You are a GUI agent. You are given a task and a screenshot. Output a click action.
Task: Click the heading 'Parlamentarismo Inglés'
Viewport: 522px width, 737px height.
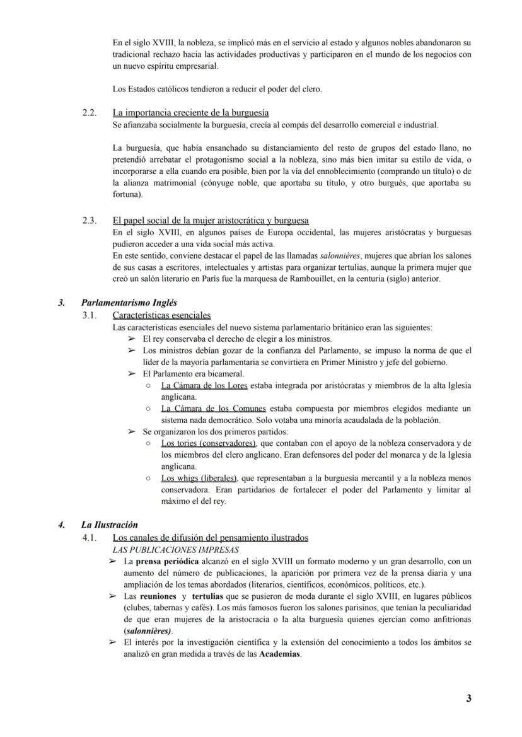click(x=129, y=303)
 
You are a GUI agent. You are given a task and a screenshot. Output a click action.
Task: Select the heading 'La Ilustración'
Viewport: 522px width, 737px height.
click(x=110, y=525)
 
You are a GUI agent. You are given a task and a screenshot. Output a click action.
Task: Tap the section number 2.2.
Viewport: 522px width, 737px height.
click(x=90, y=113)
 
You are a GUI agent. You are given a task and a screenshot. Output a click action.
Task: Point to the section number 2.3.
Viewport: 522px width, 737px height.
click(x=90, y=221)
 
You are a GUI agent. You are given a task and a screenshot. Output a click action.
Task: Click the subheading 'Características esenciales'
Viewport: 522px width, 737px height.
click(x=161, y=315)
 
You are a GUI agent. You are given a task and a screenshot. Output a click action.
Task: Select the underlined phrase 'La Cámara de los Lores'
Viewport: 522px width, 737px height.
click(x=204, y=385)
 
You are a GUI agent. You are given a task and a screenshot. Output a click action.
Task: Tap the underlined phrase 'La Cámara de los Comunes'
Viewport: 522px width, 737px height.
click(x=213, y=409)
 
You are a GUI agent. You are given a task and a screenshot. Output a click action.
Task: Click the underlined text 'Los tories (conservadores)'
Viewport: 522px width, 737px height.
click(x=209, y=444)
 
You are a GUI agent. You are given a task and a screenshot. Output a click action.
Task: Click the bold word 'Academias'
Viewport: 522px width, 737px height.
click(x=280, y=654)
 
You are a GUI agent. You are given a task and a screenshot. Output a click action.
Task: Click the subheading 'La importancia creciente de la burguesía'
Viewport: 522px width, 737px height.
click(x=190, y=113)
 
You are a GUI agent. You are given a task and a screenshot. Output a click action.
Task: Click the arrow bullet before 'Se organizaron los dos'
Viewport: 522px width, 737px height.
click(x=131, y=432)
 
